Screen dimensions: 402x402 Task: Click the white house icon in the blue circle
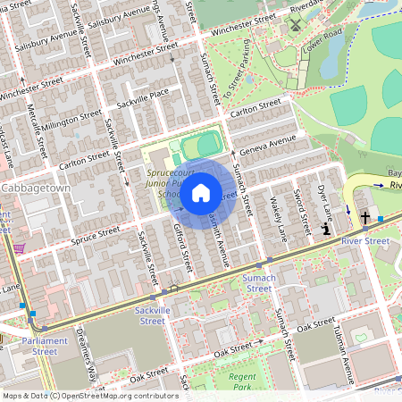[x=201, y=192]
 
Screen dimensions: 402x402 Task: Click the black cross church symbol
[x=364, y=217]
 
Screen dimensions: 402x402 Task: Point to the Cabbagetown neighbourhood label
[x=36, y=189]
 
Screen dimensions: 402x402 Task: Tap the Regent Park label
[x=242, y=382]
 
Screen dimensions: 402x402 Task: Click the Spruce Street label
[x=96, y=233]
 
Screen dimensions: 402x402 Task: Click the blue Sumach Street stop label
[x=258, y=282]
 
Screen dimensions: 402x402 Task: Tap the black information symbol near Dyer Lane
[x=327, y=230]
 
